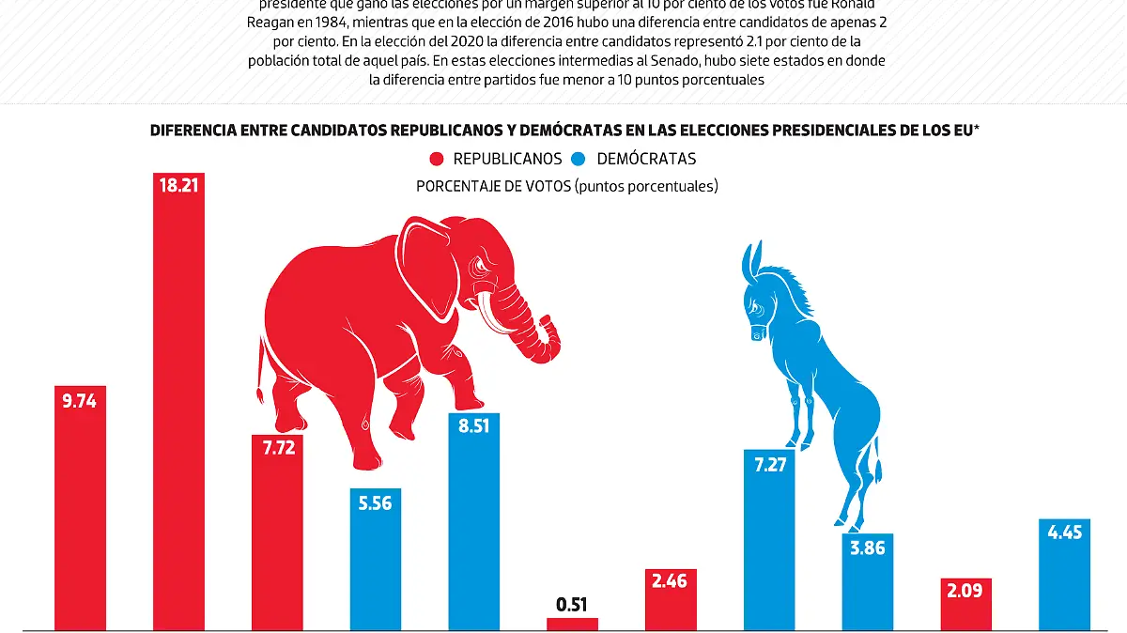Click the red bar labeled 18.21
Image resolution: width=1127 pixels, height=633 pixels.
point(178,404)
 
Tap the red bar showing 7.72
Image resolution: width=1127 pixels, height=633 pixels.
point(277,535)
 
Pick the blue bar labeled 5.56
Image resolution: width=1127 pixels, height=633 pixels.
point(376,564)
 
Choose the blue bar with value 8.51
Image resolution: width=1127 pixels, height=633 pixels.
point(474,526)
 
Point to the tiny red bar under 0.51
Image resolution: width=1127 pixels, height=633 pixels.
point(572,623)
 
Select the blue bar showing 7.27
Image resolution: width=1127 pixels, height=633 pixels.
point(769,545)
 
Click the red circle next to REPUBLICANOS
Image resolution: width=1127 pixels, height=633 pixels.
point(438,159)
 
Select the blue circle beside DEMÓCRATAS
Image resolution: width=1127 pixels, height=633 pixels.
point(579,159)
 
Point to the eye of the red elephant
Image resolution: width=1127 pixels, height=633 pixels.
point(484,269)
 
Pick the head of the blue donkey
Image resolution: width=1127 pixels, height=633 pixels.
point(756,301)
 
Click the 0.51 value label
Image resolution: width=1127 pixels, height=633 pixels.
point(572,604)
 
